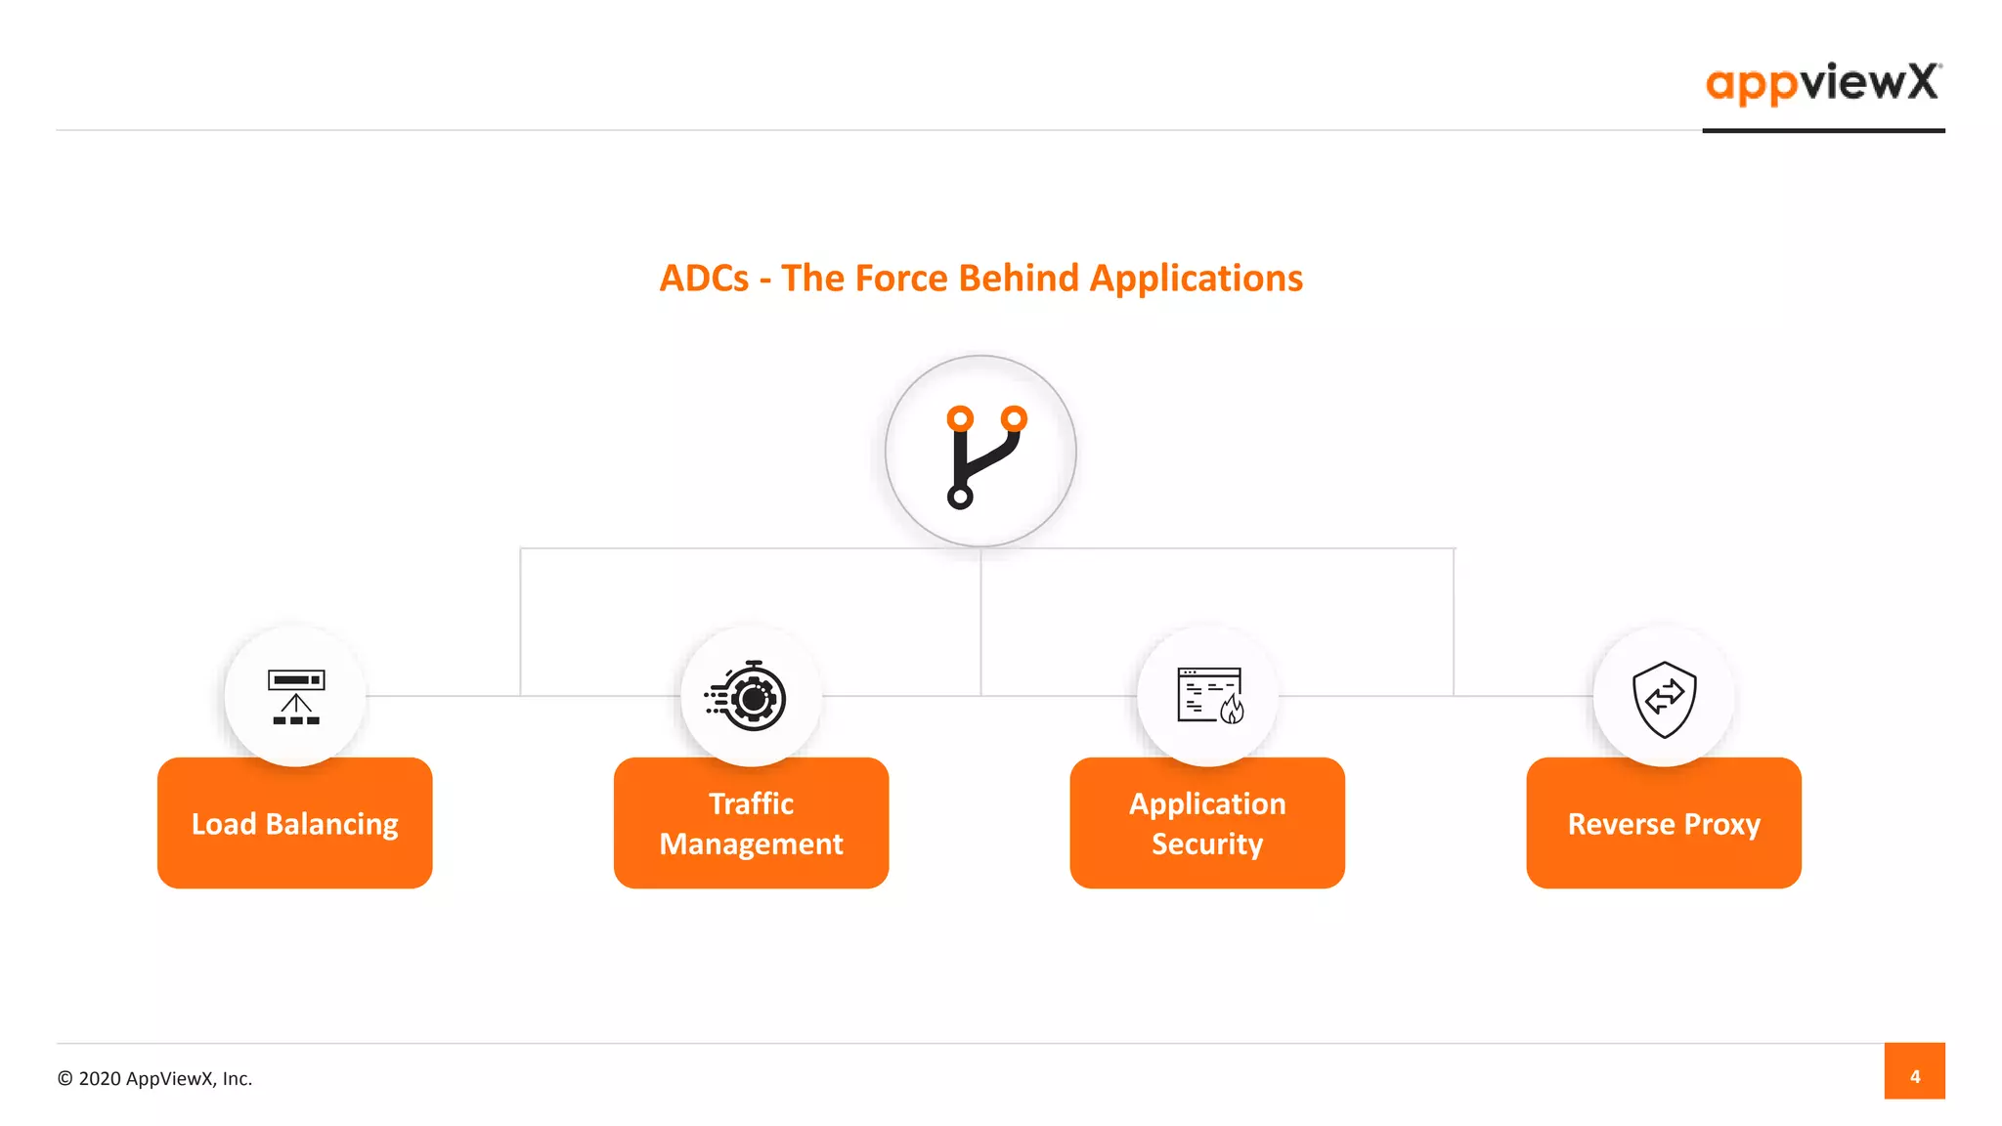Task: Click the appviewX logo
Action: [x=1822, y=83]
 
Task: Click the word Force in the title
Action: [x=901, y=279]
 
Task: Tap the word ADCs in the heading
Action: [x=704, y=279]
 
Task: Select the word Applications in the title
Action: [x=1196, y=279]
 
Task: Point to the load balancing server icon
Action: [x=295, y=697]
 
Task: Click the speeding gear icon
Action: [x=748, y=697]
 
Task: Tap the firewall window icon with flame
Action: [x=1209, y=696]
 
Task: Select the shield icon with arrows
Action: [x=1664, y=698]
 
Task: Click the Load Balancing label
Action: [x=294, y=824]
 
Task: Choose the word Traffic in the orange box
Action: [x=751, y=803]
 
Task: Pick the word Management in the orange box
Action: [x=751, y=844]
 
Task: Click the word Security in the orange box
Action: [x=1207, y=844]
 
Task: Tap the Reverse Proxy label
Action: [x=1664, y=824]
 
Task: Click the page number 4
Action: [x=1914, y=1076]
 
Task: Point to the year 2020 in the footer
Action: [x=100, y=1078]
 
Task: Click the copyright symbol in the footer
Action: [x=65, y=1078]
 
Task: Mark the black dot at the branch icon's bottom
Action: [x=960, y=498]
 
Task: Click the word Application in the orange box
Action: [x=1207, y=803]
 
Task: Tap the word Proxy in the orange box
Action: [x=1721, y=824]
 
